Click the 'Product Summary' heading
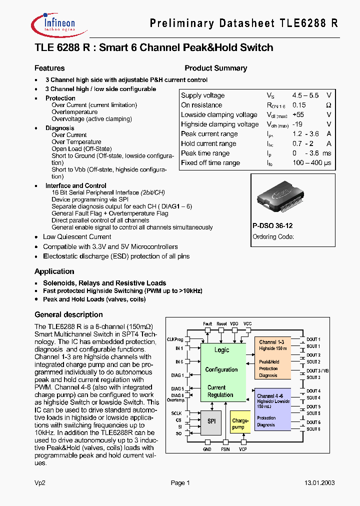pos(215,68)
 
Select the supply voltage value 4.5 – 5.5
pos(305,95)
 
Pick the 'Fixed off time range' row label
pos(210,163)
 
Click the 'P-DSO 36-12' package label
pos(272,226)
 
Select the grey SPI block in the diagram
pos(211,421)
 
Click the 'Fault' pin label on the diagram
pos(207,324)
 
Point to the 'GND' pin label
pos(207,449)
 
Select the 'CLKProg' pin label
pos(175,339)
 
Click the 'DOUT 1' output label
pos(313,339)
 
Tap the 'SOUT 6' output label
pos(313,429)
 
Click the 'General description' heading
pos(68,314)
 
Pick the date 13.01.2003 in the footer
pos(319,483)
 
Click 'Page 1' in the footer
pos(180,483)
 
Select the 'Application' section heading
pos(54,271)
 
